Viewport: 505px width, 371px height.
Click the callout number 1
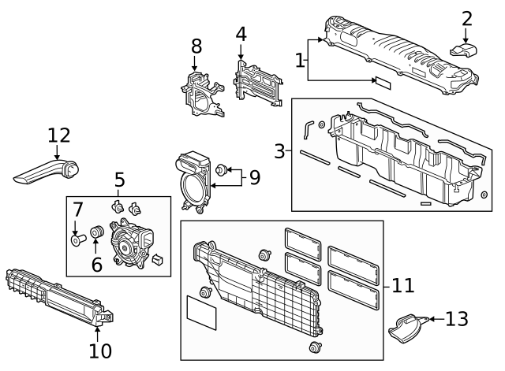point(299,60)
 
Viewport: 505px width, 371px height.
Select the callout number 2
point(466,18)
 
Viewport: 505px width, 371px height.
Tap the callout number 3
point(279,150)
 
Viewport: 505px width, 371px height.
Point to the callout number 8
point(196,46)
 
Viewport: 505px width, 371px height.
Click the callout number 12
point(58,135)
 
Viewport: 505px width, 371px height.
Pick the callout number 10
point(100,351)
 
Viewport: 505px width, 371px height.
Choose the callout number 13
point(456,319)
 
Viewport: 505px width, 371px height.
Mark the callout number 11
point(402,285)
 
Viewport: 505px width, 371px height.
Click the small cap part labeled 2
point(464,50)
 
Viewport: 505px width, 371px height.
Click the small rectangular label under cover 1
point(384,80)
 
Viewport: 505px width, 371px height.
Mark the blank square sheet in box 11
point(202,313)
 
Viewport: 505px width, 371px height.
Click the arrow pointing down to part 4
point(241,52)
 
